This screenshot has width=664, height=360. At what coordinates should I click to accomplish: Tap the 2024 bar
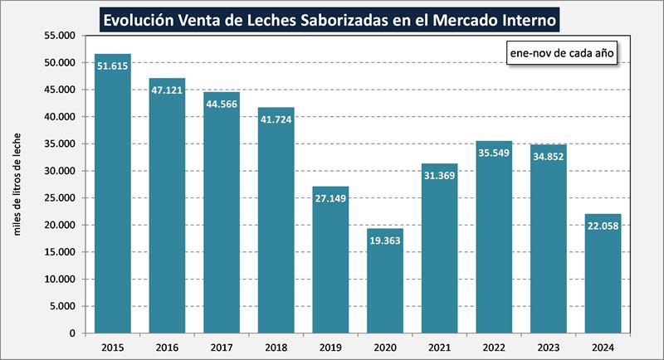tap(603, 273)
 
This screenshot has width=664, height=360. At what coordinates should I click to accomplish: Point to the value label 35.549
tap(494, 153)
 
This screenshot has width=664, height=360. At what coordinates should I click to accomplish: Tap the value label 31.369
tap(439, 176)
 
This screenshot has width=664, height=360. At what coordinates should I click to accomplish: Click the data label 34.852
tap(549, 158)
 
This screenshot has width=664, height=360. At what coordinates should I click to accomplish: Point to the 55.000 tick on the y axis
tap(59, 36)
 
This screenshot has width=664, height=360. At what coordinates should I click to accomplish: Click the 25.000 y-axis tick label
tap(59, 198)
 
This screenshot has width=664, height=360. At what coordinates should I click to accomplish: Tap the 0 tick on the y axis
tap(72, 333)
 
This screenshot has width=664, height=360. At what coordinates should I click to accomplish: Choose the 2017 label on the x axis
tap(221, 347)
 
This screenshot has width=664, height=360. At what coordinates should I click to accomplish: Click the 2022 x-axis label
tap(494, 347)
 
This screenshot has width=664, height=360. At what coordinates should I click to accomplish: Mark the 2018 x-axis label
tap(276, 347)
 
